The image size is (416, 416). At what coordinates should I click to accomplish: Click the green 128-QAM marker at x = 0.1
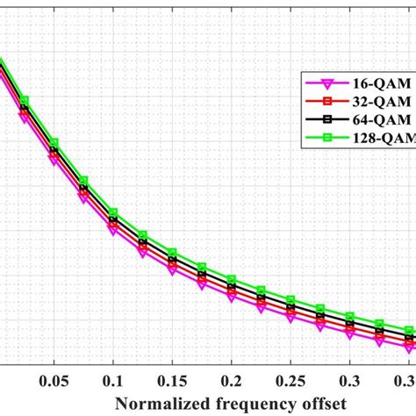[113, 212]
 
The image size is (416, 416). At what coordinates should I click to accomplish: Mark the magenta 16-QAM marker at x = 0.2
[232, 297]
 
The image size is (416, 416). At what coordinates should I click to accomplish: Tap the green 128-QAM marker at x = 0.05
[54, 142]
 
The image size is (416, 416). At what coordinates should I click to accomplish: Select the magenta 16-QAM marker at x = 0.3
[349, 334]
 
